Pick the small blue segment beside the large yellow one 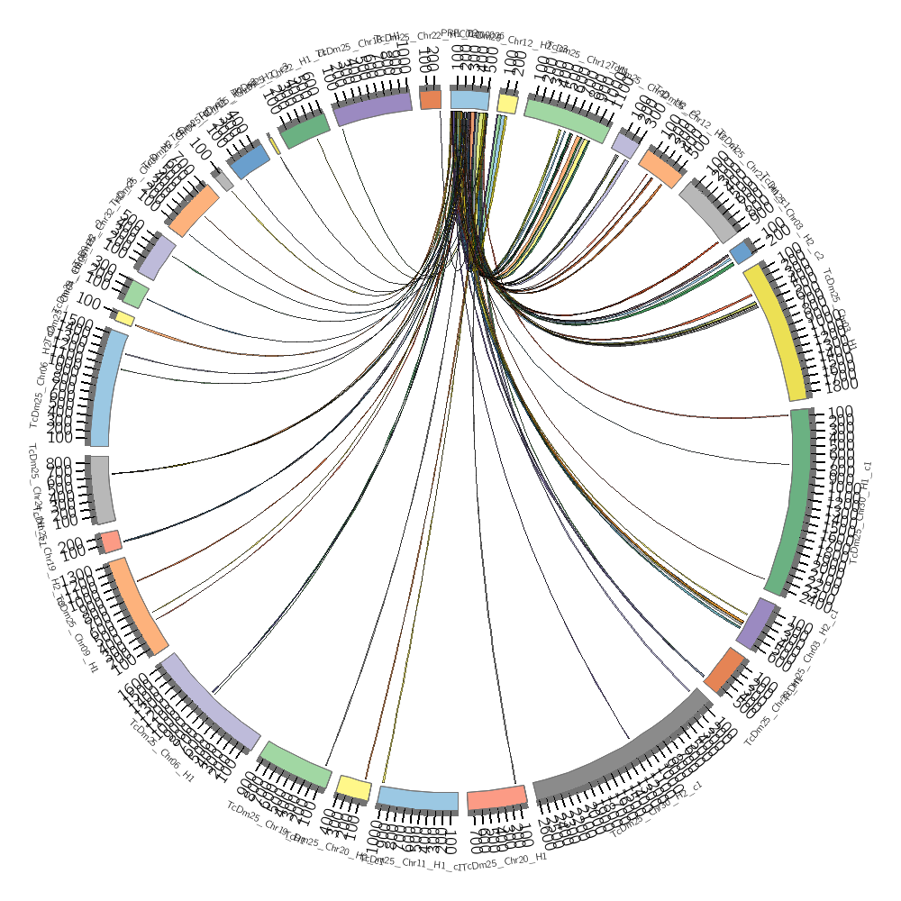(741, 251)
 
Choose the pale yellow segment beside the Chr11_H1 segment (352, 788)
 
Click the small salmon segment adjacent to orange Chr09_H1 (111, 541)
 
